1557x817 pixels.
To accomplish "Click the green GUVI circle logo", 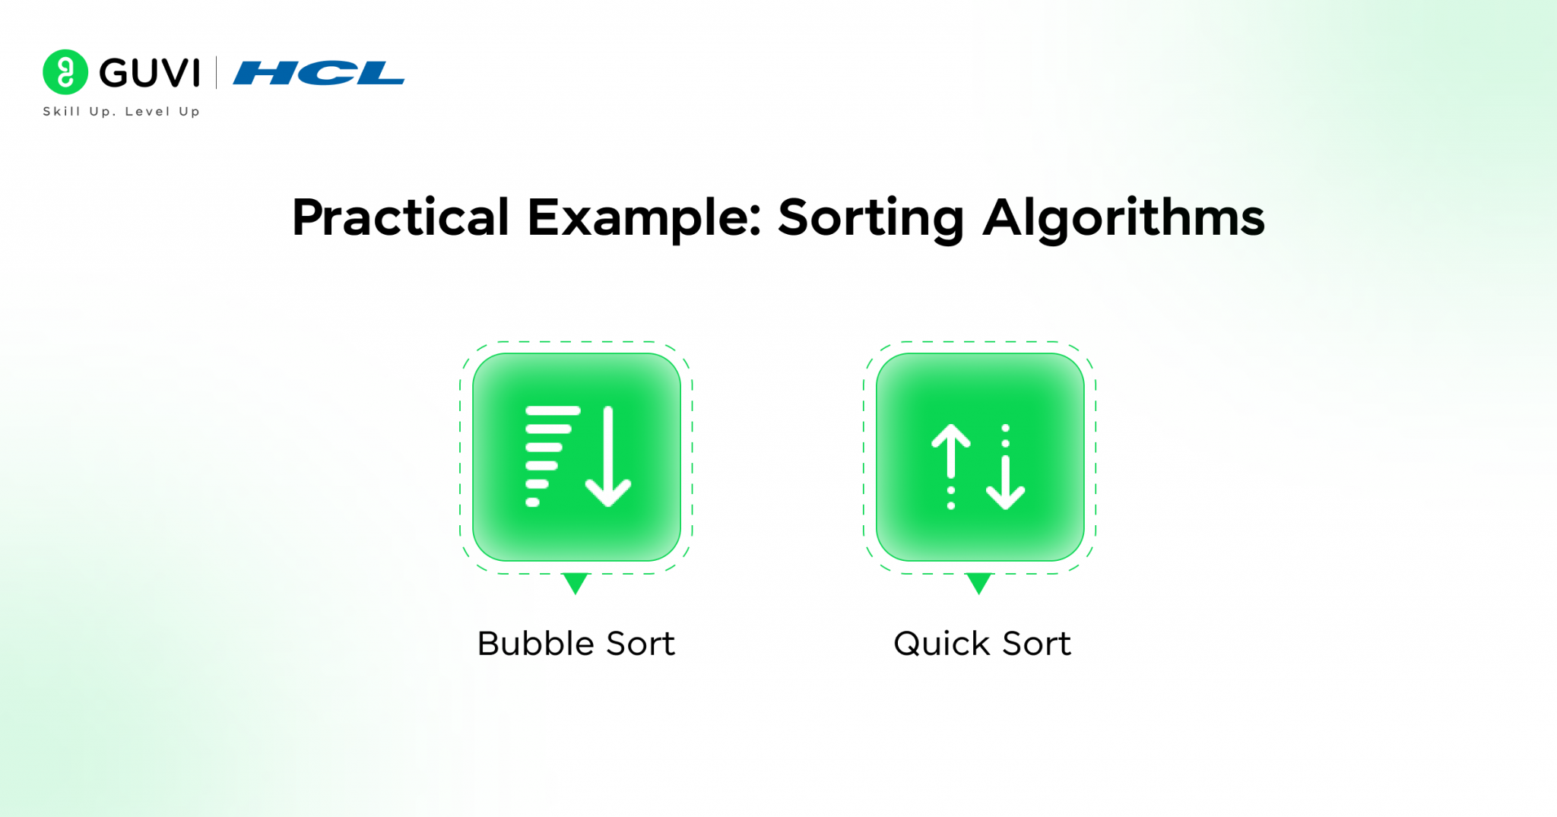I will tap(65, 72).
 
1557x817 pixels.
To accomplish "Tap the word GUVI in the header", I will tap(150, 73).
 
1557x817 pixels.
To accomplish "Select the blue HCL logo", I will tap(319, 73).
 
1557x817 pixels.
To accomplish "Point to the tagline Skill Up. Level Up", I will tap(122, 112).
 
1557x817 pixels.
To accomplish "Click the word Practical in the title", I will tap(401, 218).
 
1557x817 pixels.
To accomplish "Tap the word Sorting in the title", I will tap(871, 218).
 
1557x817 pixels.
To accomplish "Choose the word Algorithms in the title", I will tap(1124, 218).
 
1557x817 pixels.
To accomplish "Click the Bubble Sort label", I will tap(576, 644).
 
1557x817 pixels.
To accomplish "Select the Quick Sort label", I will tap(982, 644).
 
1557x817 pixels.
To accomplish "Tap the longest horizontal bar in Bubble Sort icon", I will tap(553, 411).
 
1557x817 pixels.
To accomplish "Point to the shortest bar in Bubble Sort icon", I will tap(532, 502).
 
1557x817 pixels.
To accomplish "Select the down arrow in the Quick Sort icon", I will tap(1005, 482).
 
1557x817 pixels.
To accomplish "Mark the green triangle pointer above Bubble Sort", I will tap(576, 583).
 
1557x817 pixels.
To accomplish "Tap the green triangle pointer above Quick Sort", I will tap(979, 583).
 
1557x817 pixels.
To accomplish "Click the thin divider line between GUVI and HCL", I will tap(217, 73).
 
